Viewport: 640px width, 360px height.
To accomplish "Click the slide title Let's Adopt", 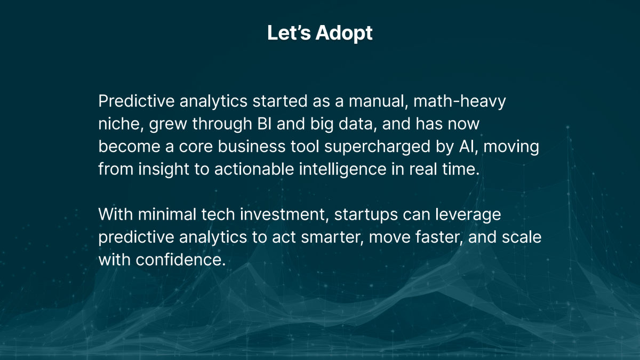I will [319, 33].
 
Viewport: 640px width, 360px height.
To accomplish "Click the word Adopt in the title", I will [344, 34].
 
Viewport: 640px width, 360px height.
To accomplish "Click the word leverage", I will [468, 214].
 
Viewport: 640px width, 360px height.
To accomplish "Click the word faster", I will [438, 237].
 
